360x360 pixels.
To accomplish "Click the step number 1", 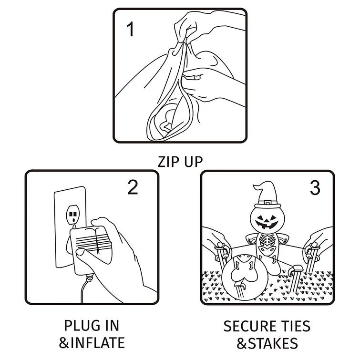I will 130,30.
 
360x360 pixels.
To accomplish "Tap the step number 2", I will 133,187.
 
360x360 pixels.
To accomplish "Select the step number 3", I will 315,188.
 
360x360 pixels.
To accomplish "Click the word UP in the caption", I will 193,162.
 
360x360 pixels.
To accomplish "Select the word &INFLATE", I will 92,342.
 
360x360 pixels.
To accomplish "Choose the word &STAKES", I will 267,342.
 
